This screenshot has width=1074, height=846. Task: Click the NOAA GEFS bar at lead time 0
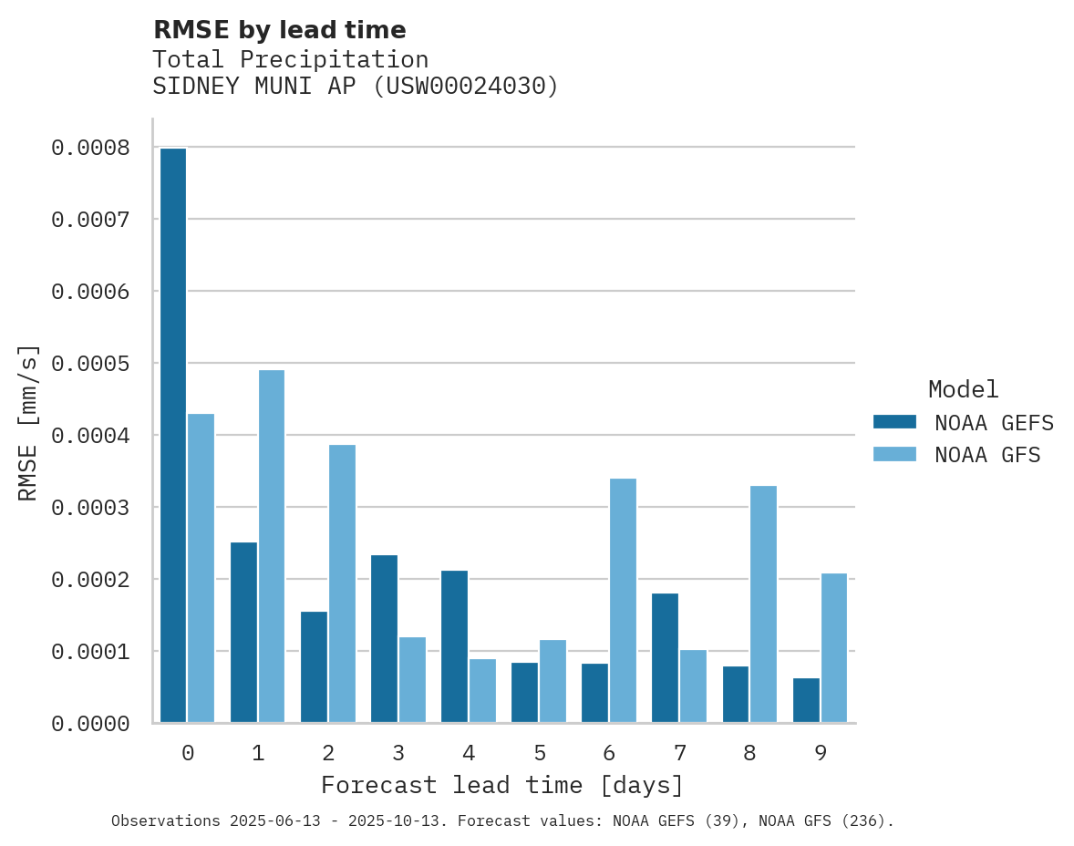point(173,436)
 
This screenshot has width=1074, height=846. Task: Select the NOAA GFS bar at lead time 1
point(272,546)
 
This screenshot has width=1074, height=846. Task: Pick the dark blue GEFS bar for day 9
point(806,700)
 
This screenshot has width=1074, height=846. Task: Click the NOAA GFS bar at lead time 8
point(763,604)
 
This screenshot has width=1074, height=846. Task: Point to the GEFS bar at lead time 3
point(384,638)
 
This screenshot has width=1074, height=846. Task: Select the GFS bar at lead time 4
point(482,690)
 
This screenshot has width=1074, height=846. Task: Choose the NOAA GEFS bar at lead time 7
point(666,657)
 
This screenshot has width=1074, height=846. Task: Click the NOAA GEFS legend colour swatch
point(894,422)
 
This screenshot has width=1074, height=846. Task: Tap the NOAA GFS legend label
point(986,455)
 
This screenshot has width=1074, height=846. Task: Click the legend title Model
point(964,389)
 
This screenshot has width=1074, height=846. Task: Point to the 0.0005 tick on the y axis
point(90,364)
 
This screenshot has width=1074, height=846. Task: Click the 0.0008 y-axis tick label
point(90,148)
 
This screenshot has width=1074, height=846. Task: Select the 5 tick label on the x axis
point(540,753)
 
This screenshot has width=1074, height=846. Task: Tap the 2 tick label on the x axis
point(328,753)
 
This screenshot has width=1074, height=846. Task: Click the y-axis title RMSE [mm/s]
point(28,422)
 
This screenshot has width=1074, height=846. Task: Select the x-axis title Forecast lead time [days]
point(502,785)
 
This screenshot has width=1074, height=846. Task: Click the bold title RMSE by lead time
point(279,30)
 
